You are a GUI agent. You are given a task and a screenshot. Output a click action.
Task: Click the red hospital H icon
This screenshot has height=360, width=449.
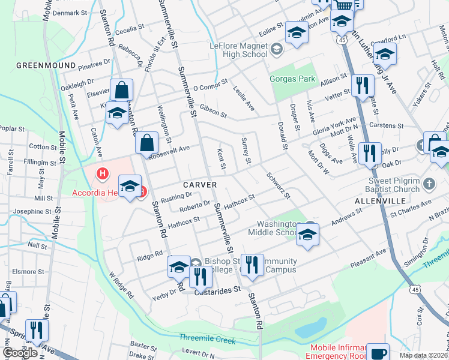tap(103, 175)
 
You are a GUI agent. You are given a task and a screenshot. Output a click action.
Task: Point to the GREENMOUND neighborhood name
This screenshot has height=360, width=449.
tap(46, 65)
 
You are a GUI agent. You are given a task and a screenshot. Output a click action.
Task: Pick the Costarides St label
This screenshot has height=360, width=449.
tap(218, 289)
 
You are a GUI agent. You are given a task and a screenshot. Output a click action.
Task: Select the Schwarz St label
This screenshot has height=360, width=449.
tap(279, 187)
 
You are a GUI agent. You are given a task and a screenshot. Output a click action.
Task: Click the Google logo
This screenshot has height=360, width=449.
tap(20, 353)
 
